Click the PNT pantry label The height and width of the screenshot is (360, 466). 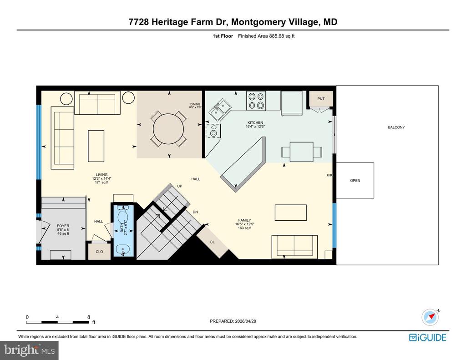(x=321, y=98)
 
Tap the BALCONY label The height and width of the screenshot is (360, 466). (x=396, y=127)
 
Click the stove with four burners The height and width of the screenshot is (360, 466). (x=256, y=101)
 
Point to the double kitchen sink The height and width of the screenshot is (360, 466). (x=219, y=110)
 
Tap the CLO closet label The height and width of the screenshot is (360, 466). (x=99, y=252)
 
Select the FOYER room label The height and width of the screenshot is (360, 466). (x=63, y=226)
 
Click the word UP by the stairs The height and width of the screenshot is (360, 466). (x=180, y=186)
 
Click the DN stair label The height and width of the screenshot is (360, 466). (x=195, y=212)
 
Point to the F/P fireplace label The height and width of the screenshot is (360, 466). (x=329, y=175)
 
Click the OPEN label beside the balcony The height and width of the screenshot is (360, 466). (x=355, y=181)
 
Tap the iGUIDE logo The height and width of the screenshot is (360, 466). (x=427, y=337)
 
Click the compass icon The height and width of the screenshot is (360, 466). (x=430, y=316)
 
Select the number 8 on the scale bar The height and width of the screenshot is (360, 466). (x=89, y=317)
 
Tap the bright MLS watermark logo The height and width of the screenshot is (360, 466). (x=29, y=350)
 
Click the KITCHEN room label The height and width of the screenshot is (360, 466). (x=255, y=123)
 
